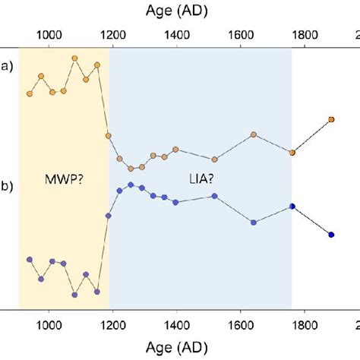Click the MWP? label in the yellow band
tap(63, 179)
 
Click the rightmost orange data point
tap(331, 119)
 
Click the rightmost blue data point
tap(331, 234)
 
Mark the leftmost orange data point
tap(30, 93)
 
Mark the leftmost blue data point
tap(30, 259)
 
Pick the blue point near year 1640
tap(254, 222)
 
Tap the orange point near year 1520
tap(215, 159)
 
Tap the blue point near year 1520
tap(215, 196)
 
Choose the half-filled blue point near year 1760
tap(292, 206)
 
